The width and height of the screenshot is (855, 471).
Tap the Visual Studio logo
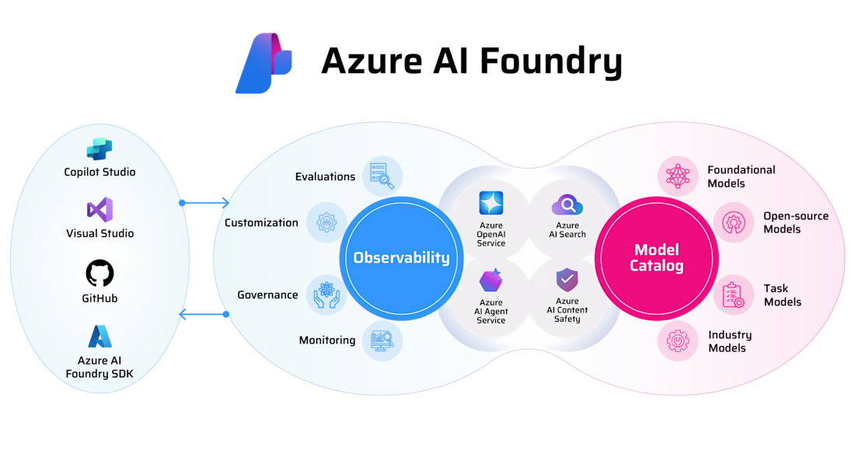(99, 210)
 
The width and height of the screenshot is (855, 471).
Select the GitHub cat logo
(99, 274)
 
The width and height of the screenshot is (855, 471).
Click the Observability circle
(401, 257)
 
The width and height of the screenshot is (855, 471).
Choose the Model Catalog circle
(658, 257)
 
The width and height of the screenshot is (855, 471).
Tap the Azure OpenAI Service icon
(490, 204)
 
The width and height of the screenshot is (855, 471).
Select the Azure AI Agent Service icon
(490, 281)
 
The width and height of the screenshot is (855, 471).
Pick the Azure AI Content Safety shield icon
(567, 280)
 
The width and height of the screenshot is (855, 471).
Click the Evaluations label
(325, 176)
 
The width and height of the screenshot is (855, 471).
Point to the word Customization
(261, 223)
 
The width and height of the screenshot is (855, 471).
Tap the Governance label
(267, 295)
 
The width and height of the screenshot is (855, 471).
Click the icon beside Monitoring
(382, 340)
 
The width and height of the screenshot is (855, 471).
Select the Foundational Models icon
(678, 176)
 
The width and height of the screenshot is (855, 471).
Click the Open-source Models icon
(733, 222)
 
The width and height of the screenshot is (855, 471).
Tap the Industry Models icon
(678, 340)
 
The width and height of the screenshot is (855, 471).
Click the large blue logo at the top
(263, 63)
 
